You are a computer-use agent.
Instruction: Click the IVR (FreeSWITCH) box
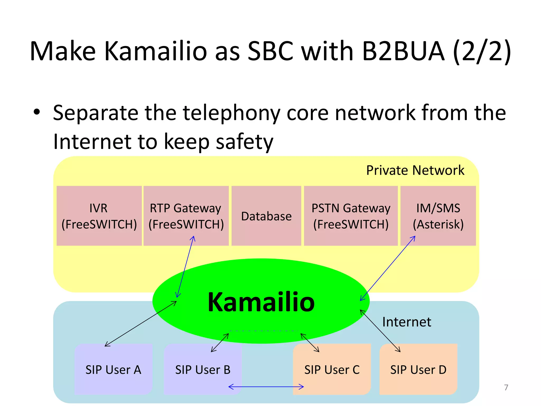click(99, 216)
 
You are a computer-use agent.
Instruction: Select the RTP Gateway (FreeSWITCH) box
click(186, 216)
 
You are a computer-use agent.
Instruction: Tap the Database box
click(266, 216)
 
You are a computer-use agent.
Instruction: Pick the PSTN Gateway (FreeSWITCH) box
click(351, 216)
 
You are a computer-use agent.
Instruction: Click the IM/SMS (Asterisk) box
click(438, 216)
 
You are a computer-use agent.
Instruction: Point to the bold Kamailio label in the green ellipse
click(261, 302)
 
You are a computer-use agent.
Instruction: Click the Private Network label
click(415, 170)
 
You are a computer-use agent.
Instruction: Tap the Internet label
click(407, 322)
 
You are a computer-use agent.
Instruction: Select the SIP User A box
click(113, 370)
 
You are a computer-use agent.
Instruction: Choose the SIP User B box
click(203, 370)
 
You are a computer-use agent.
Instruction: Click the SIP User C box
click(332, 370)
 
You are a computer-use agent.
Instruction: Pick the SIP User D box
click(418, 370)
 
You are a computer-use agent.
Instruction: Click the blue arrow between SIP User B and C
click(266, 387)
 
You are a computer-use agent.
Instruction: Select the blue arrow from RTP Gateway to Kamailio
click(186, 266)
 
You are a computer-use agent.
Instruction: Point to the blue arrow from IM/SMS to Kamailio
click(388, 268)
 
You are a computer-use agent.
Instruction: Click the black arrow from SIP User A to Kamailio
click(141, 324)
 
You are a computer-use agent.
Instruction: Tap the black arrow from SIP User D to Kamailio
click(380, 331)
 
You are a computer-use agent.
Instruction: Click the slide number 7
click(506, 387)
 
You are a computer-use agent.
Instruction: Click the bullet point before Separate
click(37, 112)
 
